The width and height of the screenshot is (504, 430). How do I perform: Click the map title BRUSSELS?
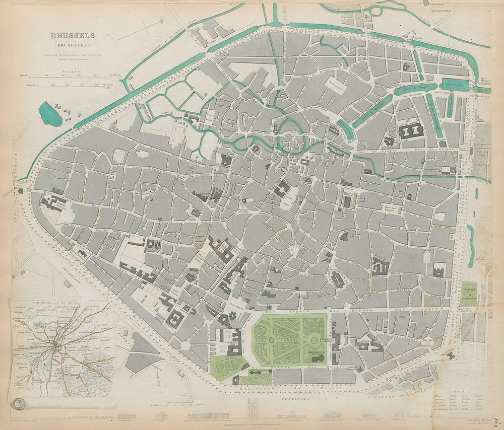[x=73, y=36]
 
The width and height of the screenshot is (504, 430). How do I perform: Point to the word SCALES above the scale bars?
[x=70, y=71]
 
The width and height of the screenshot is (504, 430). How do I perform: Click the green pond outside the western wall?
[x=50, y=114]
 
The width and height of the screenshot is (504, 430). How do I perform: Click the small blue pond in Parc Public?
[x=272, y=340]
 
